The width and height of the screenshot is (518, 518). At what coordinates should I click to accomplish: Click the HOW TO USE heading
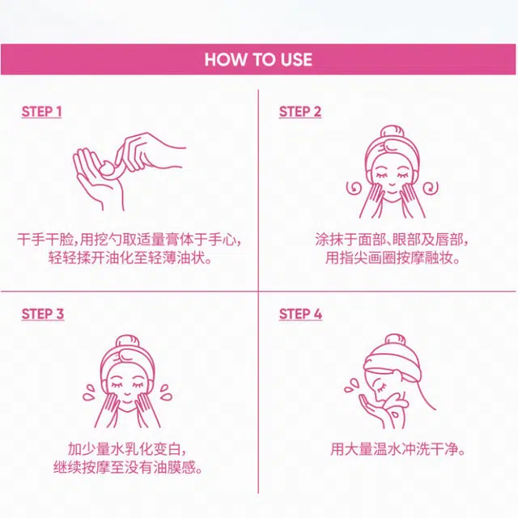(258, 60)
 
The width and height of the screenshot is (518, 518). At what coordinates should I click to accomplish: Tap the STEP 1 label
(41, 112)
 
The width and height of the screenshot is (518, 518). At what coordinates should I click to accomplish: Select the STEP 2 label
(300, 112)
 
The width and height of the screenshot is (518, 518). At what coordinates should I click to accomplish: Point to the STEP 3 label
(43, 314)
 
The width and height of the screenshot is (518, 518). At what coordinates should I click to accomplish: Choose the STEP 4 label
(300, 314)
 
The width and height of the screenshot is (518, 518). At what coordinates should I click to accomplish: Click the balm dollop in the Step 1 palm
(108, 168)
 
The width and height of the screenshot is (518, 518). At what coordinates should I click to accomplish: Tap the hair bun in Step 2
(392, 132)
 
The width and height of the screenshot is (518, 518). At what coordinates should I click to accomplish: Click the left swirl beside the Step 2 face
(354, 188)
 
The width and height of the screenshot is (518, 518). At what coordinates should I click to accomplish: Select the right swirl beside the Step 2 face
(431, 188)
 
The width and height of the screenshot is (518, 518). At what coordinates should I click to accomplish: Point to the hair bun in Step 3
(127, 342)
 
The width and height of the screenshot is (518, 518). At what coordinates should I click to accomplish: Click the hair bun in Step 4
(395, 341)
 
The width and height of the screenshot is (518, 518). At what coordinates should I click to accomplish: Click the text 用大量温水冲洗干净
(398, 449)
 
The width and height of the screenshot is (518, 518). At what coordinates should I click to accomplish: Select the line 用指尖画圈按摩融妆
(393, 257)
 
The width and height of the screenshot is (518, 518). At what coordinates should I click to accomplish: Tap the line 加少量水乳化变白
(127, 449)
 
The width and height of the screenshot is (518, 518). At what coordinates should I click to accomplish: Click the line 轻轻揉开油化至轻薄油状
(130, 257)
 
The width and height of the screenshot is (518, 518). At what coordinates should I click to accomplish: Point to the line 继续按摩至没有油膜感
(128, 468)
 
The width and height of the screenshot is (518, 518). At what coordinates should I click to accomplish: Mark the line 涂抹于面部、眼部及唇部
(392, 240)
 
